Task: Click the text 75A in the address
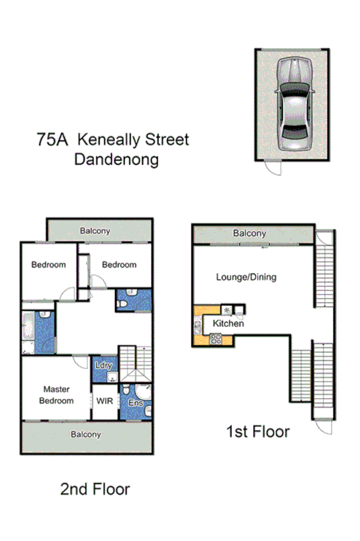[x=53, y=140]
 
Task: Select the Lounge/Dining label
[x=246, y=277]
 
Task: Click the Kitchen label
[x=228, y=324]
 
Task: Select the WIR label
[x=105, y=401]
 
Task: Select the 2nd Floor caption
[x=95, y=489]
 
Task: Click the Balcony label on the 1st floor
[x=250, y=234]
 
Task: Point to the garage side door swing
[x=273, y=168]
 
